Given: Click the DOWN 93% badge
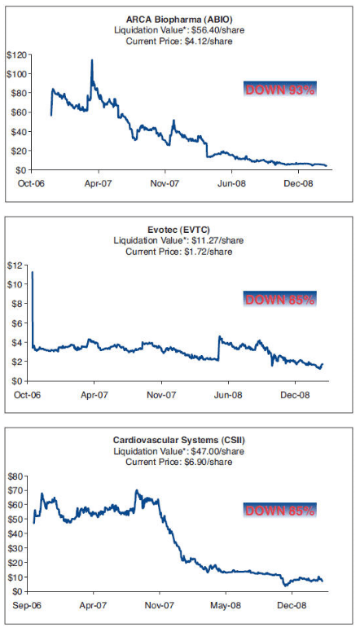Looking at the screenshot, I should (279, 90).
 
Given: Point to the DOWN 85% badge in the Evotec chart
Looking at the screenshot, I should (279, 300).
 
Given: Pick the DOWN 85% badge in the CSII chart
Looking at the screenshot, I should (279, 510).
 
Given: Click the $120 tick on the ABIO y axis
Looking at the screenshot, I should (15, 55).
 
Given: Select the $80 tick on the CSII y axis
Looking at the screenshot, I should (16, 476).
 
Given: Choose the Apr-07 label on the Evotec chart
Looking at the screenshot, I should (95, 397).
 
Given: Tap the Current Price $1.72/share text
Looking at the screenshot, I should (180, 252).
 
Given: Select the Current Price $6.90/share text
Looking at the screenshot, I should (180, 462).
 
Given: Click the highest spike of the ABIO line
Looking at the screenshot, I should (92, 60).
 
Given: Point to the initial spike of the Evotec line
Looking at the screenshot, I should (33, 272).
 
